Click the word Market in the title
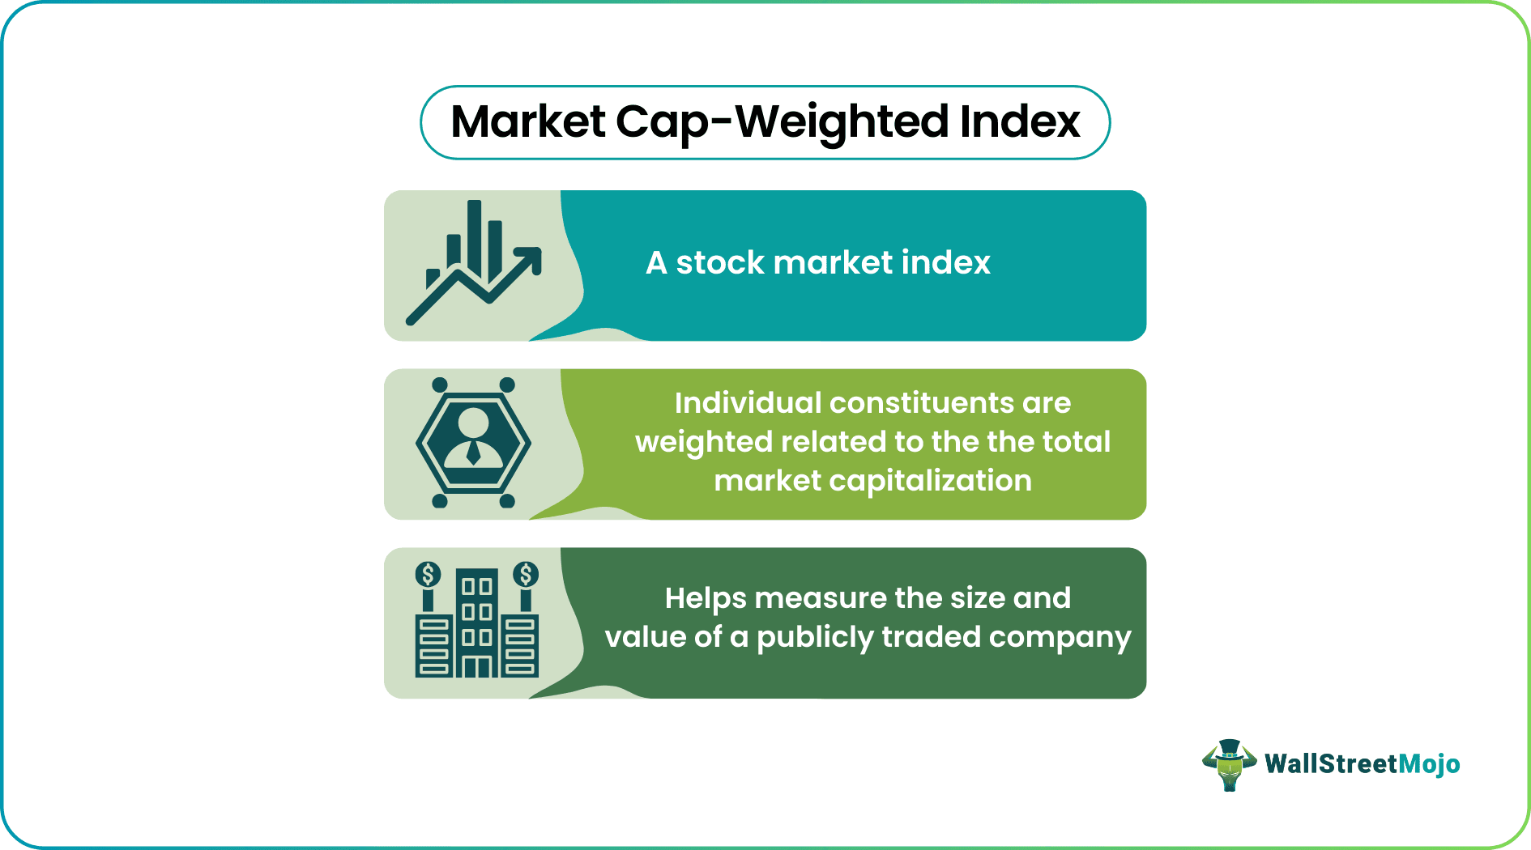click(527, 122)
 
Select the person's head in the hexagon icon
click(473, 422)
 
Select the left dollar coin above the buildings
click(428, 575)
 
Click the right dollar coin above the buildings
click(526, 575)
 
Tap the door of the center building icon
click(476, 667)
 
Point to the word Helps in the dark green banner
click(705, 599)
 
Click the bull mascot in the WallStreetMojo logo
click(1229, 764)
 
